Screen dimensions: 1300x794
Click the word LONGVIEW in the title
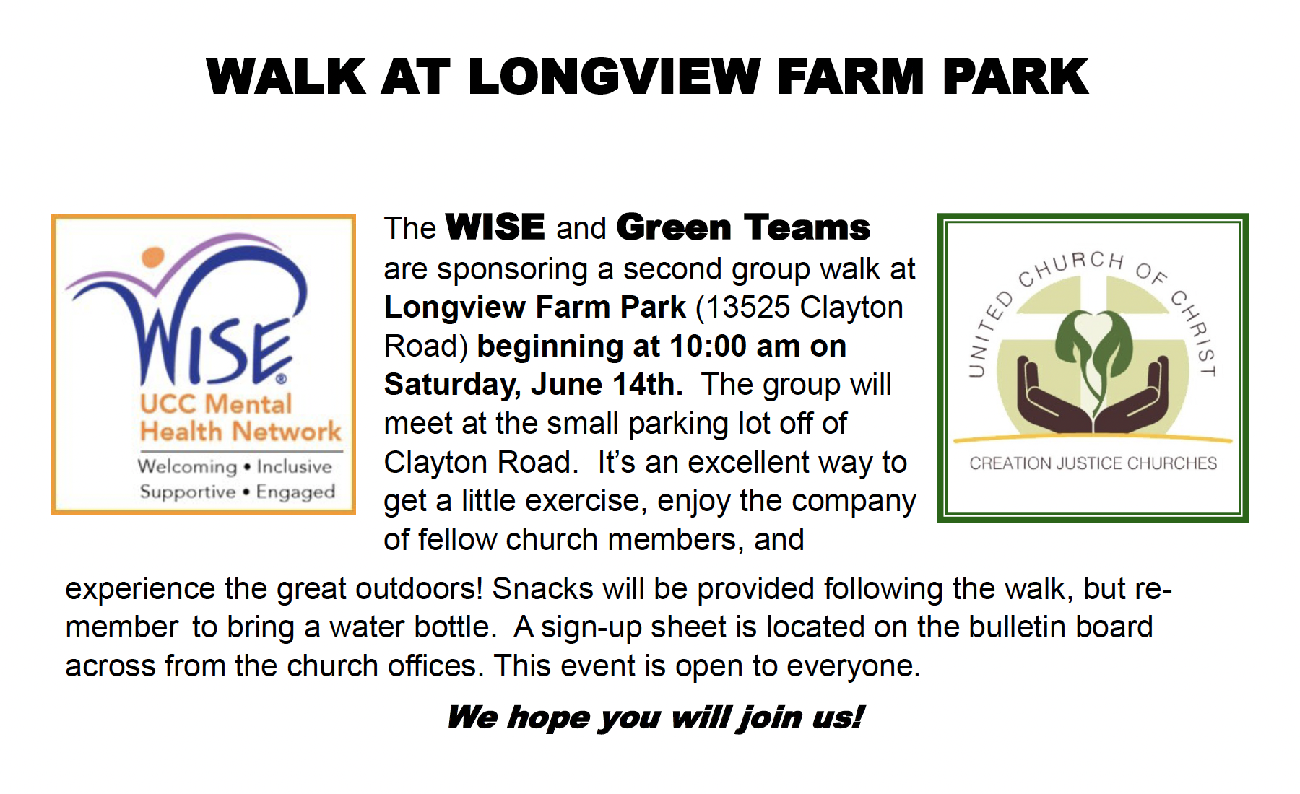pyautogui.click(x=615, y=77)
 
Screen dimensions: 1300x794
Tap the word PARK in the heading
pyautogui.click(x=1015, y=77)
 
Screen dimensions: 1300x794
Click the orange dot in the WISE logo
pyautogui.click(x=153, y=257)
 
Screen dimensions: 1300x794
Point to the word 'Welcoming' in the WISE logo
pyautogui.click(x=187, y=467)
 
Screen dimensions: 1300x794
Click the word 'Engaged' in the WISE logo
pyautogui.click(x=295, y=492)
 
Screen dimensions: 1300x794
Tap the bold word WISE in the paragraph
pyautogui.click(x=495, y=227)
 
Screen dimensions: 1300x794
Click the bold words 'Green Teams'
pyautogui.click(x=743, y=227)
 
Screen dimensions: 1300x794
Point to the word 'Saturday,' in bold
pyautogui.click(x=452, y=385)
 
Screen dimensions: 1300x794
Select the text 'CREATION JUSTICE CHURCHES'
pyautogui.click(x=1093, y=463)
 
